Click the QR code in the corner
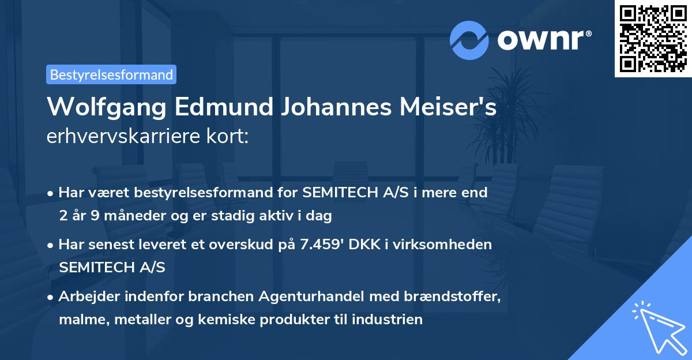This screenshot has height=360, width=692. click(653, 38)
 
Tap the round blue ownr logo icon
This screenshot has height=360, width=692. click(469, 40)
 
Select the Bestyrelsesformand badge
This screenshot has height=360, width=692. click(111, 74)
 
